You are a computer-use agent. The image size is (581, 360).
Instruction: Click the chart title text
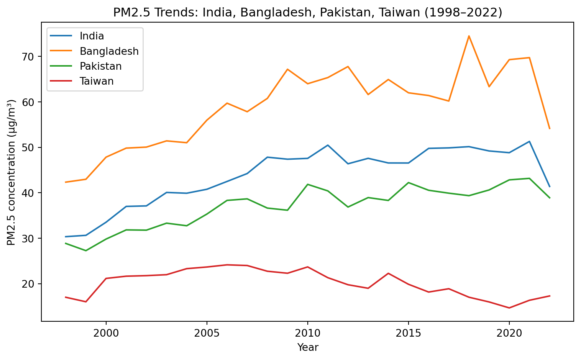pos(307,13)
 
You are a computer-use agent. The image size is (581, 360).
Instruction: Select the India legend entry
pos(92,36)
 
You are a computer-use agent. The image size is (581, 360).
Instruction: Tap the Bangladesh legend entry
pos(109,51)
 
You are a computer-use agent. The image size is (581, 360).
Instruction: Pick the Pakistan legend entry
pos(100,66)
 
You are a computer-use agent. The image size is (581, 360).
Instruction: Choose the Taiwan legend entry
pos(97,81)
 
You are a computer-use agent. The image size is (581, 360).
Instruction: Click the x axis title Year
pos(308,347)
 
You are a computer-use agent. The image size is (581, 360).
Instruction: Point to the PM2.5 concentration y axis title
pos(12,172)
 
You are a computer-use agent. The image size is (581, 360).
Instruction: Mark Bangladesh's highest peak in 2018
pos(469,36)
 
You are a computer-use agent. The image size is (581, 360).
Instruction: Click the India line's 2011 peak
pos(328,145)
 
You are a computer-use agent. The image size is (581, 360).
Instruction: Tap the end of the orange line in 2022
pos(550,129)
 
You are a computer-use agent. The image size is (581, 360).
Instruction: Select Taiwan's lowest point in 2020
pos(509,308)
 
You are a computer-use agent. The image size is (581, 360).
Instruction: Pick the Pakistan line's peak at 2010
pos(307,184)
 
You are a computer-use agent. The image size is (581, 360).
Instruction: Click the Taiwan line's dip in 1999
pos(86,302)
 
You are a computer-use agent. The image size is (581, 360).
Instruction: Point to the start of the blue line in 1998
pos(66,237)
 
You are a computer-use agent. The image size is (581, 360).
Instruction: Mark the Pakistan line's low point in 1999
pos(86,250)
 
